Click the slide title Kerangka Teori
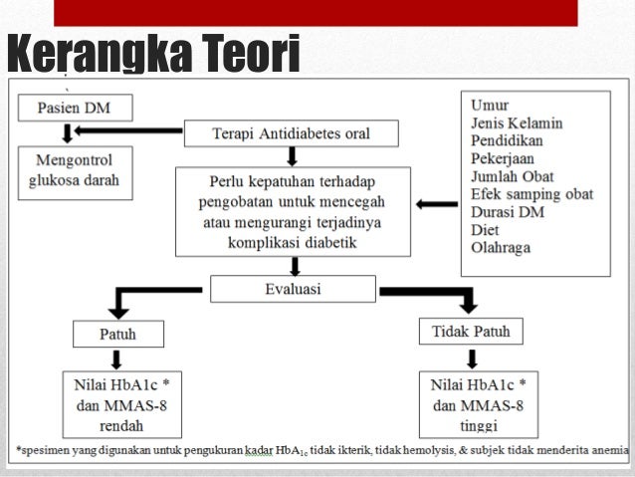(x=152, y=55)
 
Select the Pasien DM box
(x=75, y=108)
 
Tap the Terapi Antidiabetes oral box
(x=291, y=133)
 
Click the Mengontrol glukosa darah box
(x=76, y=171)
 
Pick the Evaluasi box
(x=292, y=289)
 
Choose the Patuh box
(x=117, y=334)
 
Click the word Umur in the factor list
(x=490, y=105)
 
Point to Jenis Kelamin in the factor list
(x=517, y=122)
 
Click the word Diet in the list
(x=486, y=229)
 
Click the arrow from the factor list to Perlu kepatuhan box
(x=436, y=204)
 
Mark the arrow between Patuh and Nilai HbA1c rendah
(x=117, y=358)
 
